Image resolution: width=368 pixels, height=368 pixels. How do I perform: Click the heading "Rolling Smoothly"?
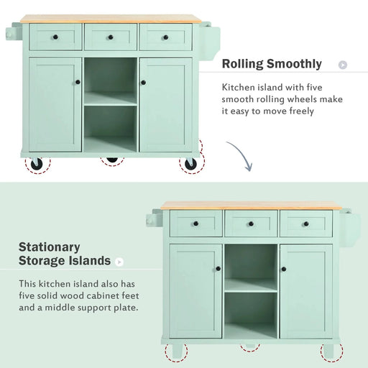(271, 64)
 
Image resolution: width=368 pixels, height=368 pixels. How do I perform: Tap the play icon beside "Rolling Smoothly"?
(343, 65)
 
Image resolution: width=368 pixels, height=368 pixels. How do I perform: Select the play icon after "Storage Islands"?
(119, 262)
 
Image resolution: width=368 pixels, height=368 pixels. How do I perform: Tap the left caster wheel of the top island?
(36, 164)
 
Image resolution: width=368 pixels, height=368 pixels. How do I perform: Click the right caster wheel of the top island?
(190, 163)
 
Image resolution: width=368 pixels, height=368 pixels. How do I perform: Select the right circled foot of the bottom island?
(330, 352)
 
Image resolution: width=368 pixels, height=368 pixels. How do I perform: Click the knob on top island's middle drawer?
(110, 37)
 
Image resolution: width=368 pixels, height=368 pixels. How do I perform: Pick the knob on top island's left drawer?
(55, 37)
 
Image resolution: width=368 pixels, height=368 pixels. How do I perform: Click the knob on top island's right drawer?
(165, 37)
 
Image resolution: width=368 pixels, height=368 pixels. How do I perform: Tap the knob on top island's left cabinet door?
(78, 82)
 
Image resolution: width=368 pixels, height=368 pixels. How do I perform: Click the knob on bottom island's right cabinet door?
(285, 269)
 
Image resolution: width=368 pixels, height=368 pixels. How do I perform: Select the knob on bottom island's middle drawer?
(250, 224)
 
